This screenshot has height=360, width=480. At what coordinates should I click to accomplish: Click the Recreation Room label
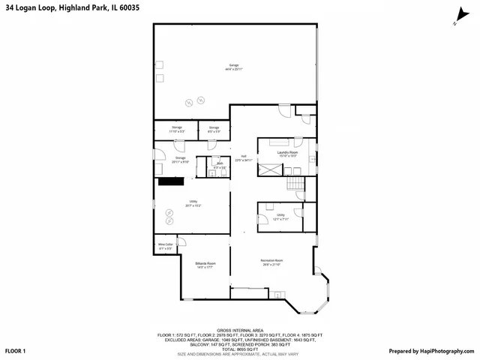(x=272, y=261)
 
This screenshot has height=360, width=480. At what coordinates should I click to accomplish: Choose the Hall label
(x=244, y=157)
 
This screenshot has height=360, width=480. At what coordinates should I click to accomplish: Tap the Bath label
(x=220, y=163)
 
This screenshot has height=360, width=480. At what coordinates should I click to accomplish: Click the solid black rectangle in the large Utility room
(x=170, y=181)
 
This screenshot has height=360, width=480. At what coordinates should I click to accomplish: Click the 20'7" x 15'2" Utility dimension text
(x=193, y=206)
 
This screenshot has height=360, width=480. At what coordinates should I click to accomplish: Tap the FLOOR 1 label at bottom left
(x=16, y=351)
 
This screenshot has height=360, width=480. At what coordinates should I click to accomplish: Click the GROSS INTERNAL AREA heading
(x=239, y=329)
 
